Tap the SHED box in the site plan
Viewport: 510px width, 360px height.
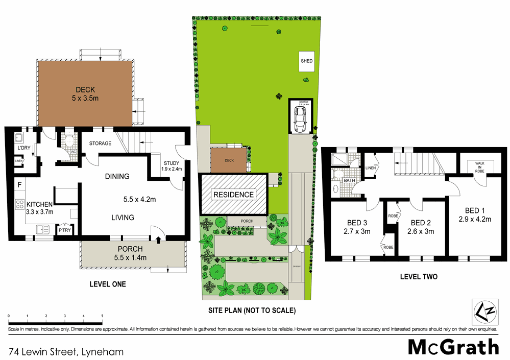(x=306, y=61)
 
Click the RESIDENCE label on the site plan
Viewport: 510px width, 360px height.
(x=233, y=195)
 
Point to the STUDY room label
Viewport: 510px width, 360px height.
(x=171, y=163)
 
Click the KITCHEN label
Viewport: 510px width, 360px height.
(x=39, y=204)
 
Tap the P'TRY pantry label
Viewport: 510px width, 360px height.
(x=65, y=230)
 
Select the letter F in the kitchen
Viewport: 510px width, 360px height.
(x=19, y=184)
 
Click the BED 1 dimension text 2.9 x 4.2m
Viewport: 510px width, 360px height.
(x=474, y=220)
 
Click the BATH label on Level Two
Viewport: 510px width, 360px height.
(x=349, y=180)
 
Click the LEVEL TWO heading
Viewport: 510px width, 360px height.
(x=419, y=277)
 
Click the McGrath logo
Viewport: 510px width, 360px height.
(x=453, y=347)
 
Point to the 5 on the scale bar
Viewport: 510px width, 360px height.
(x=102, y=317)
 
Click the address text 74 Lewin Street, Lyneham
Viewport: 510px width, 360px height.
(x=66, y=351)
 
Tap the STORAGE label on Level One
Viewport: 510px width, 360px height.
(x=100, y=143)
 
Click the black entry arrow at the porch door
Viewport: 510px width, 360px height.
(x=158, y=238)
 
